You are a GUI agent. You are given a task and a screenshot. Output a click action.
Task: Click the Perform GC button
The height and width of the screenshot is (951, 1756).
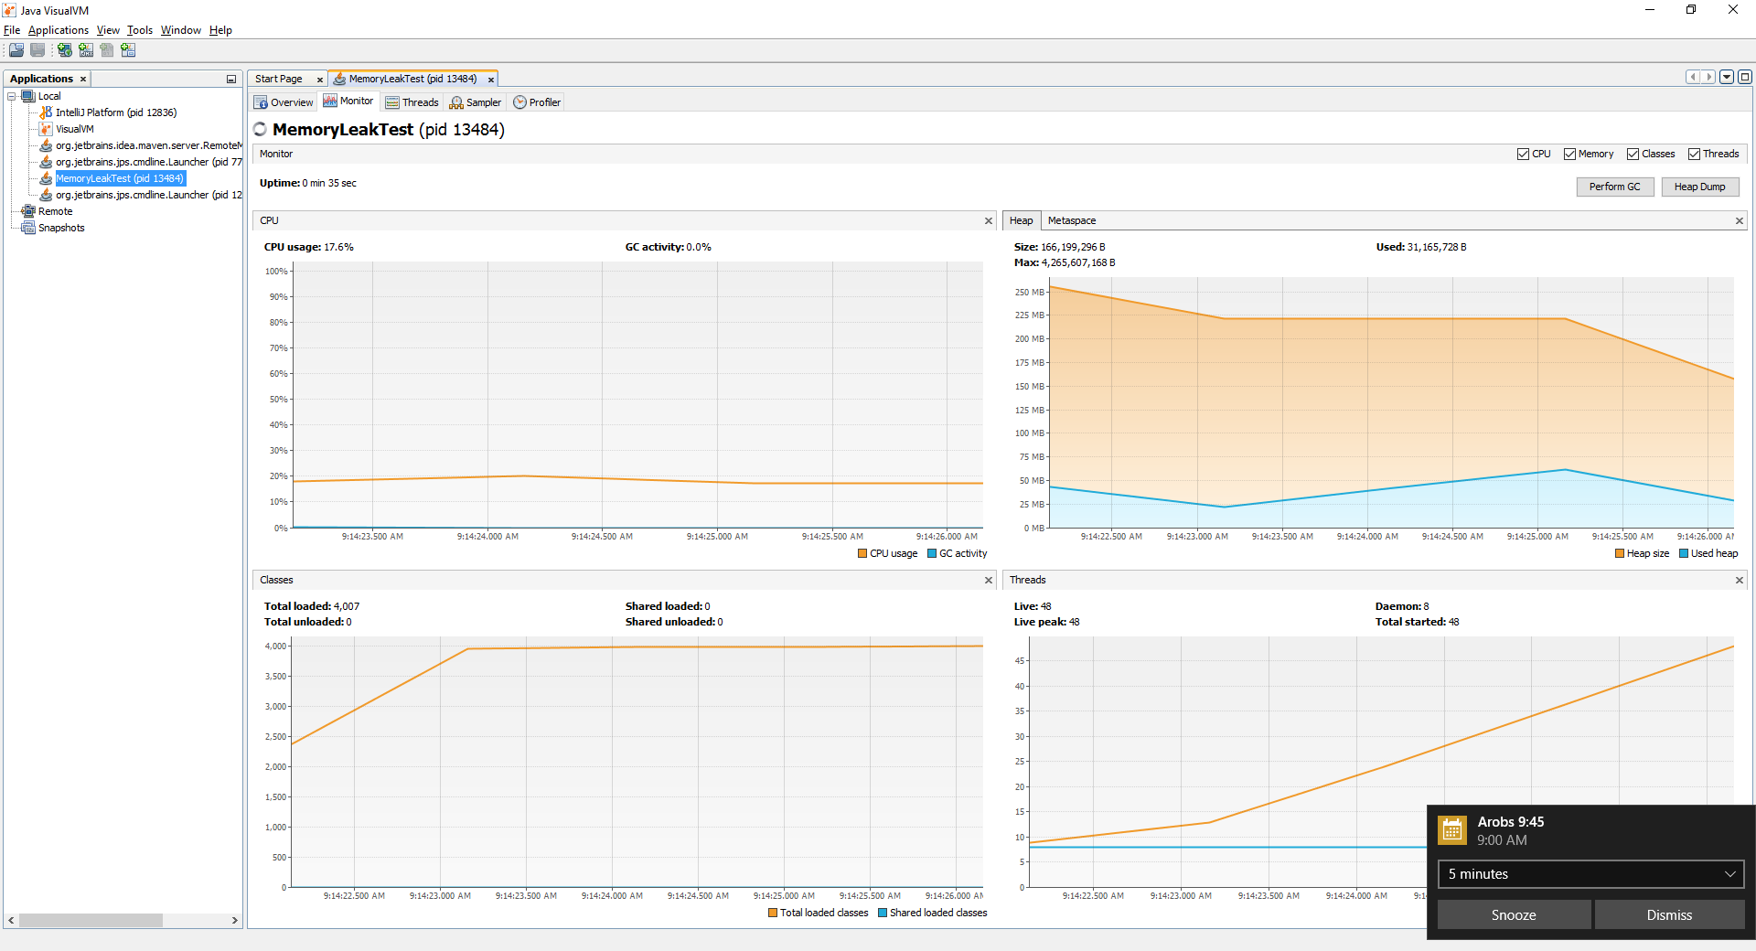1614,187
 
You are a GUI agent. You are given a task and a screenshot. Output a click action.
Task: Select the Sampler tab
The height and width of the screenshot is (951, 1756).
476,102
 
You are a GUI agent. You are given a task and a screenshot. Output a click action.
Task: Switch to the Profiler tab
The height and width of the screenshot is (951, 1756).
537,102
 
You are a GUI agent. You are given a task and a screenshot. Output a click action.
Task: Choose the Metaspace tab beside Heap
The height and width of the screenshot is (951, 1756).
1072,220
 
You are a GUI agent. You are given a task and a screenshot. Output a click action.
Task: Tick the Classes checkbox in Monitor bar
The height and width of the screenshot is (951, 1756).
1633,155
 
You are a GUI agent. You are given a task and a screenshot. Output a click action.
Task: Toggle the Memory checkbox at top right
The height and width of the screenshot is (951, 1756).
1569,155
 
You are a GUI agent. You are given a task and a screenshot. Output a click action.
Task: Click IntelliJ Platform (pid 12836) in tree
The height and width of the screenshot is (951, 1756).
116,112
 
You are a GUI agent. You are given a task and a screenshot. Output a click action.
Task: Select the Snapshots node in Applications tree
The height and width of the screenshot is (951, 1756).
61,228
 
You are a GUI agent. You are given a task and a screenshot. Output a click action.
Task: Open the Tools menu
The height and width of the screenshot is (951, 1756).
140,30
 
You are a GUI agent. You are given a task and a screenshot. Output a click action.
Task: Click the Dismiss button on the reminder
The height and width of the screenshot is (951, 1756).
1669,914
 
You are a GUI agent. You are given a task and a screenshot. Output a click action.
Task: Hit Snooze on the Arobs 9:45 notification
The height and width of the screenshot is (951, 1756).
1514,914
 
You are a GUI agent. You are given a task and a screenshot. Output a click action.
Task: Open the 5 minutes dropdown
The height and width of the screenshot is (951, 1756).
1590,874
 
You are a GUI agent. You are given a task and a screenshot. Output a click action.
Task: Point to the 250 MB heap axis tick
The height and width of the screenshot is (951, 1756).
1030,293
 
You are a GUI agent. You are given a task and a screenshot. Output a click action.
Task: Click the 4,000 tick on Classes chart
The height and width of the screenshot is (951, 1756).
275,646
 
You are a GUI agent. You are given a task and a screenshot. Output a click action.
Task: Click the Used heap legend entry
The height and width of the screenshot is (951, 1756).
1708,553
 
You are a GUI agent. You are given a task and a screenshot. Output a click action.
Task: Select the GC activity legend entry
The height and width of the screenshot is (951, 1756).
958,553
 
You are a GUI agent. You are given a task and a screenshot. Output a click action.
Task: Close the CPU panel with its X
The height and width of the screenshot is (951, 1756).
989,221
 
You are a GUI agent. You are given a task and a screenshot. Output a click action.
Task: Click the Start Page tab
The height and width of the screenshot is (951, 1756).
279,79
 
